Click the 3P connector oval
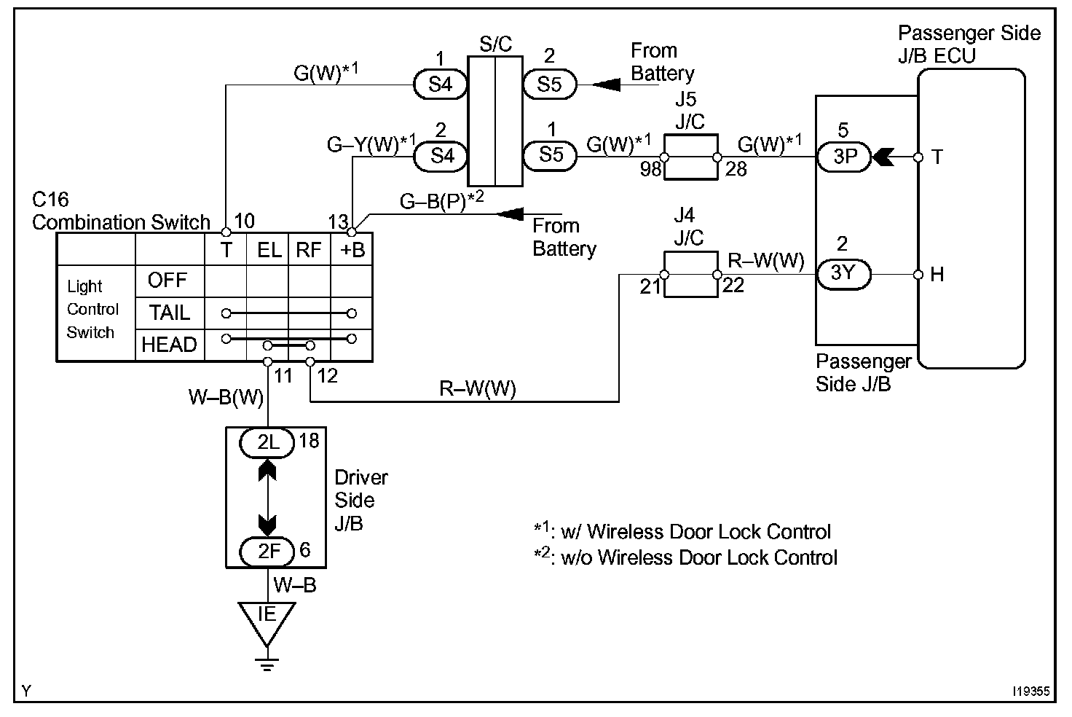tap(843, 157)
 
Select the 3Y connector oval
tap(843, 273)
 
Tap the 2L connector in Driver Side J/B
tap(269, 442)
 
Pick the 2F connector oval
tap(269, 551)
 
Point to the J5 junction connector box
tap(690, 157)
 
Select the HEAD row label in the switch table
tap(169, 344)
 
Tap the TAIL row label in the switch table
tap(169, 313)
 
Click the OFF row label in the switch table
tap(167, 281)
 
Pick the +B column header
tap(352, 251)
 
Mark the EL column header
tap(269, 251)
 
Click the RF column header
tap(309, 251)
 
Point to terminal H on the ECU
tap(937, 275)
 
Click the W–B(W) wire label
tap(226, 398)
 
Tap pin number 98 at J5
tap(651, 170)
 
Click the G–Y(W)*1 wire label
tap(371, 144)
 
